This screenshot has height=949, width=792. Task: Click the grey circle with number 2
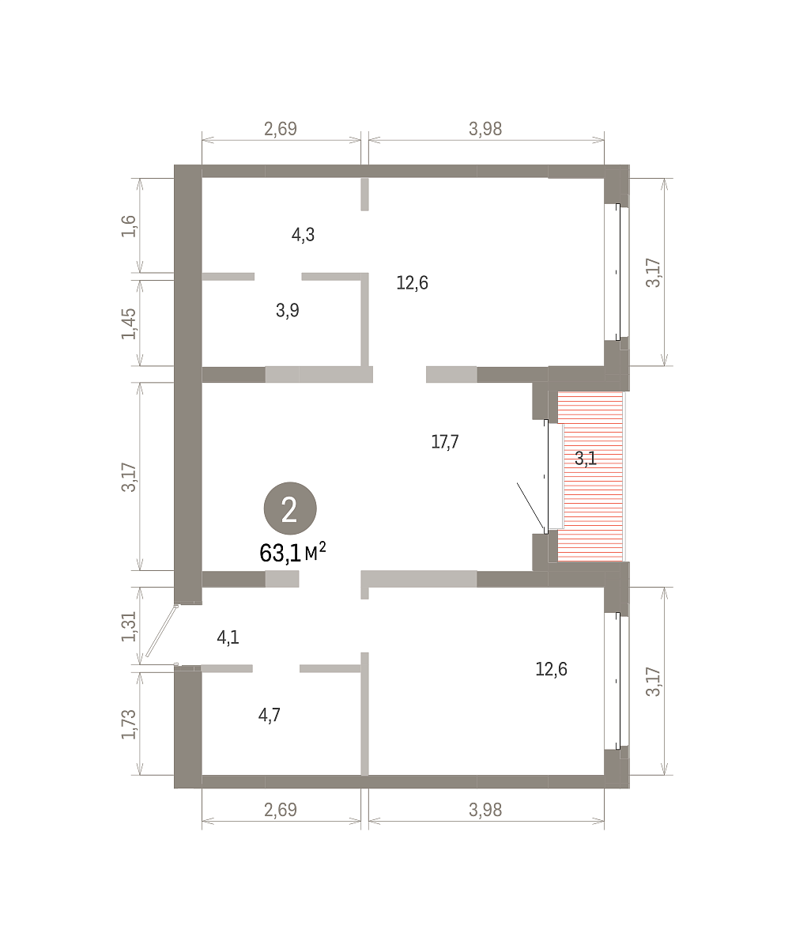coord(290,509)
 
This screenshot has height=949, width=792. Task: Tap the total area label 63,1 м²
coord(292,552)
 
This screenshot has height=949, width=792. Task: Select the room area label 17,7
coord(445,441)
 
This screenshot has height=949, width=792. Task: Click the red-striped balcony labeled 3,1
coord(590,476)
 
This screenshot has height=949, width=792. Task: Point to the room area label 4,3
coord(303,235)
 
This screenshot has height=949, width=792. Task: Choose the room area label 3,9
coord(287,311)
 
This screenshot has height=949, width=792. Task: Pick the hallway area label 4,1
coord(228,637)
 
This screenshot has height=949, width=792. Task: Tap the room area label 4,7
coord(269,715)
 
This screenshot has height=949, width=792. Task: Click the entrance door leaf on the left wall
coord(162,631)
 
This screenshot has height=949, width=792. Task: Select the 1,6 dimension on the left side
coord(129,226)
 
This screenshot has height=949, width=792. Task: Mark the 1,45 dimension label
coord(129,323)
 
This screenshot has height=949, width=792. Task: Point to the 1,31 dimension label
coord(129,626)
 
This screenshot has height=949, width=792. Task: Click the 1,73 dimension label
coord(129,724)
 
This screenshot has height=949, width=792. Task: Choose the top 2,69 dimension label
coord(281,129)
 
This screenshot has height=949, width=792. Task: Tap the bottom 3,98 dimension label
coord(485,810)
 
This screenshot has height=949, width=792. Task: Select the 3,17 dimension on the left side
coord(129,477)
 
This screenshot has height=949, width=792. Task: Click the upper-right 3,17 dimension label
coord(654,272)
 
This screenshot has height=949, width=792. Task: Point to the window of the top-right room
coord(617,272)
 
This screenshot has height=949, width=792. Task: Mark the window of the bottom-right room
coord(617,681)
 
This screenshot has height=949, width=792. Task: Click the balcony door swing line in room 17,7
coord(530,505)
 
